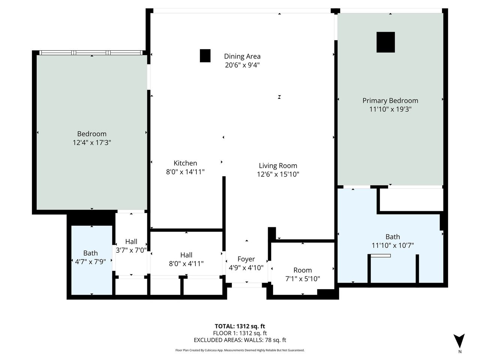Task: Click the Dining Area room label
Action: tap(242, 56)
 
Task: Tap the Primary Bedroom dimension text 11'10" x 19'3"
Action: tap(390, 109)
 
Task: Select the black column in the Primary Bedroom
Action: tap(385, 42)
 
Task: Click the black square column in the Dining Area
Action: tap(205, 56)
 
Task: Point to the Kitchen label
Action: tap(185, 163)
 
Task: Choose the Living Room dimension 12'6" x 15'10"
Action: tap(278, 174)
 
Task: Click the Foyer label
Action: tap(246, 259)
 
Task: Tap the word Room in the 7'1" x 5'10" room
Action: tap(302, 270)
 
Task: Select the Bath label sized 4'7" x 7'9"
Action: tap(90, 253)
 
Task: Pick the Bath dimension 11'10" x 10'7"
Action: tap(393, 246)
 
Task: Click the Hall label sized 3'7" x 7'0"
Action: tap(131, 241)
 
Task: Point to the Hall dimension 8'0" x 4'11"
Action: tap(186, 264)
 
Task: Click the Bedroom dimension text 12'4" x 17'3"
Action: tap(92, 142)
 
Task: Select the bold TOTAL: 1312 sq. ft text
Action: tap(240, 326)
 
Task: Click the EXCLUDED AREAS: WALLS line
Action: tap(240, 340)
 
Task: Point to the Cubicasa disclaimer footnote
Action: tap(240, 350)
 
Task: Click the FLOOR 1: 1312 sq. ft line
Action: tap(240, 333)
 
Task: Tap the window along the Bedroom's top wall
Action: tap(91, 52)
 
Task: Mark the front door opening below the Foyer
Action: tap(247, 285)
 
